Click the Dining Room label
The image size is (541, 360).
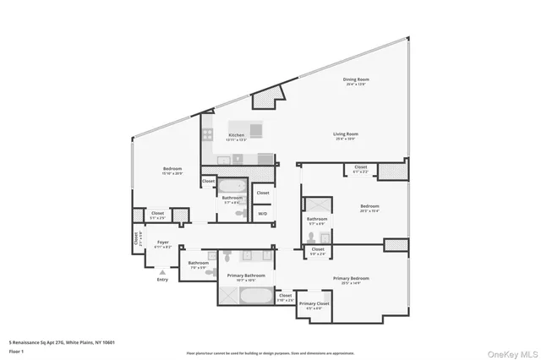[357, 81]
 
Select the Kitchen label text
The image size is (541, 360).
[236, 137]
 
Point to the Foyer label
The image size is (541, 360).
[163, 244]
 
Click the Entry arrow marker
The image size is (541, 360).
[162, 273]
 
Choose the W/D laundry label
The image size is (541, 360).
[263, 213]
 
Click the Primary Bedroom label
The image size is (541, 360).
[352, 280]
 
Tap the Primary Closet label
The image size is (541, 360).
[314, 305]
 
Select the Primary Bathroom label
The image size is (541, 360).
[245, 277]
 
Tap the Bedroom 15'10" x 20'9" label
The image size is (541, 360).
[172, 172]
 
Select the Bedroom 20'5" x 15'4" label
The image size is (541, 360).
[369, 208]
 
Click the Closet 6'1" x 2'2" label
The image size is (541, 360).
[361, 168]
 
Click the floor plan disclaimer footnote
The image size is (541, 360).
[270, 352]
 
